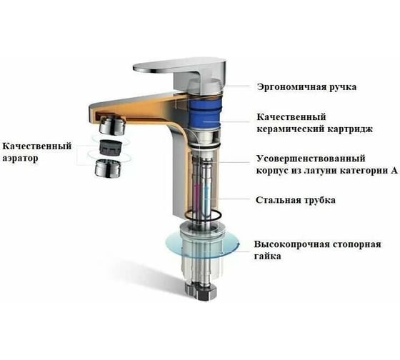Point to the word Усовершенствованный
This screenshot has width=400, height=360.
click(x=311, y=159)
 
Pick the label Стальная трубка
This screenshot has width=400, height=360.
click(x=296, y=200)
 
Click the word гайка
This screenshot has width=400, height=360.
click(x=268, y=256)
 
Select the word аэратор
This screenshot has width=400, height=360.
click(x=20, y=158)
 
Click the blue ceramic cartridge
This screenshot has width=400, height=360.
click(x=204, y=111)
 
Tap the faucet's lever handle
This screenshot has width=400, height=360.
click(x=179, y=74)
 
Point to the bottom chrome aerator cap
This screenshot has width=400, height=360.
click(x=108, y=168)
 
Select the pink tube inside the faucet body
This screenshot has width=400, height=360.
click(x=196, y=196)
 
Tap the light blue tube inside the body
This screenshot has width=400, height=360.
click(x=207, y=196)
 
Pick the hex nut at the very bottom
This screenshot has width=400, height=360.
click(x=201, y=291)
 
